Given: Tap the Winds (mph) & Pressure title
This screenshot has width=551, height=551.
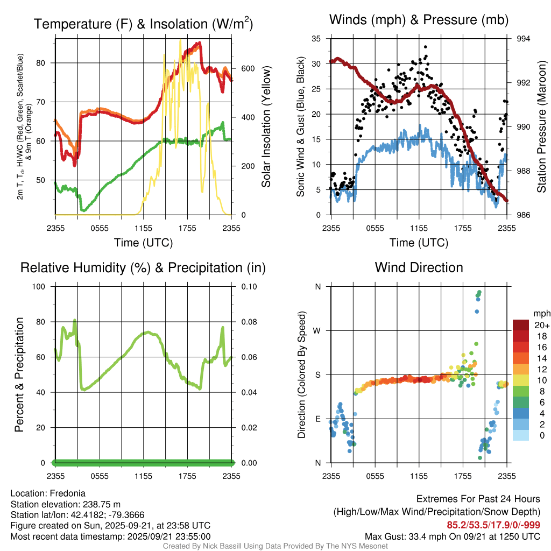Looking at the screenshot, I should point(419,20).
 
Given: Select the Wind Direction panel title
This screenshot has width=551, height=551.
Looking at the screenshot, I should point(419,267).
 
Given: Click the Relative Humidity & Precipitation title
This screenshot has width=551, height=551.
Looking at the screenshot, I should point(143,267).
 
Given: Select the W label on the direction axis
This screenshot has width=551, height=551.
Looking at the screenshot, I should point(317,330).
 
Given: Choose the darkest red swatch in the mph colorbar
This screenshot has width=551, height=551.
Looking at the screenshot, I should point(521,324).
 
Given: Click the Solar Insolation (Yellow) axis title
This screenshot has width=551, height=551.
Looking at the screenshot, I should point(266,126).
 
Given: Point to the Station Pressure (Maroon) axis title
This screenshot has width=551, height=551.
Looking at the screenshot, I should point(541,126).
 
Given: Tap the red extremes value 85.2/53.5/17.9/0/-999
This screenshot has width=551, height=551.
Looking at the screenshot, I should point(493,525).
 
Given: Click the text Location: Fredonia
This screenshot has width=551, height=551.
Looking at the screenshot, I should point(48,493).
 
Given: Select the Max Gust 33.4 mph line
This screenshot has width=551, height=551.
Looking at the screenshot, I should point(453,536).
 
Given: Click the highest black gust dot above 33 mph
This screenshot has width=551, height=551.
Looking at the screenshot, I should point(425,47).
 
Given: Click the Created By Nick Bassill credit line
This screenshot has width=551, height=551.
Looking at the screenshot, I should point(275,546).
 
